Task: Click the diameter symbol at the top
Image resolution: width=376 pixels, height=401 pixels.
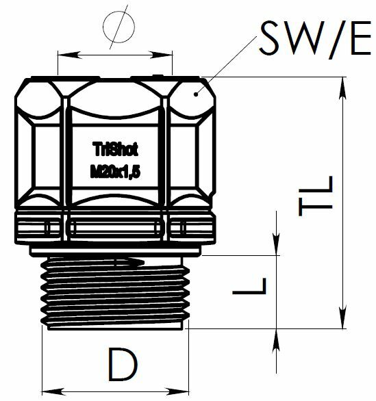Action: click(118, 27)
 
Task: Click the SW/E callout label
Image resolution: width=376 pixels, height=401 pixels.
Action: click(315, 39)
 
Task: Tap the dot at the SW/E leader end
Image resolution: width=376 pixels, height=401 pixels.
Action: click(196, 94)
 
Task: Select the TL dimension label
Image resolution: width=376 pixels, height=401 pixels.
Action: click(316, 196)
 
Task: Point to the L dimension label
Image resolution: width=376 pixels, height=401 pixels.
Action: click(249, 286)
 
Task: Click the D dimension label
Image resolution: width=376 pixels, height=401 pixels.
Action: click(123, 364)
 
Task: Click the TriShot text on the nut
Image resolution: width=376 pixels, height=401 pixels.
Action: click(116, 149)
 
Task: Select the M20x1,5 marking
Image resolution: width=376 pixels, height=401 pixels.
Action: click(116, 172)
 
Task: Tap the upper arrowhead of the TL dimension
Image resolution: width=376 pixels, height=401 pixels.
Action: click(342, 88)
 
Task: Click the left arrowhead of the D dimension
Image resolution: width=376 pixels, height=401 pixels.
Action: click(53, 391)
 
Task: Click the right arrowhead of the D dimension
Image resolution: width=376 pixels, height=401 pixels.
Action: click(177, 391)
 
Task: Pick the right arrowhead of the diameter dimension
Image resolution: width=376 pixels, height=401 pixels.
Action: click(161, 55)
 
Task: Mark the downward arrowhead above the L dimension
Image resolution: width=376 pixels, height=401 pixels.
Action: click(277, 244)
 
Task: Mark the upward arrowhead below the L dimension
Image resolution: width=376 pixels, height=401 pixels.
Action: click(277, 340)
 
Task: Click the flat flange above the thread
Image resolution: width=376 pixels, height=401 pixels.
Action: click(115, 251)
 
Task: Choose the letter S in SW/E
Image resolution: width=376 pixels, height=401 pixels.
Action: click(269, 38)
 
